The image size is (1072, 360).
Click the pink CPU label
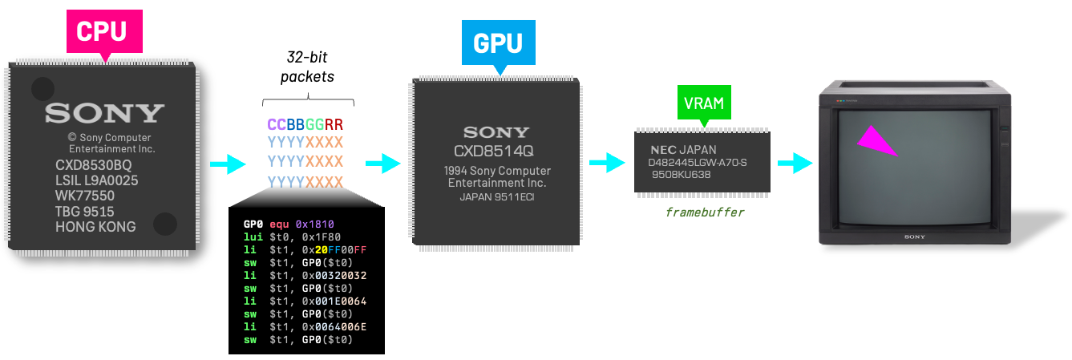point(101,31)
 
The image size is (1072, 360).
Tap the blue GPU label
point(498,42)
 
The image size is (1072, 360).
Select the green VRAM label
point(703,103)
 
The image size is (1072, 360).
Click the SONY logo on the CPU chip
point(104,113)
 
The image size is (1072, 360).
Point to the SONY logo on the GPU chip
point(496,132)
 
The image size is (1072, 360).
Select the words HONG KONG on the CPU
point(95,227)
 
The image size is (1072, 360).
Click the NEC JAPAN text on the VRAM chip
point(682,150)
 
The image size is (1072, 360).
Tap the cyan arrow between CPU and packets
point(227,164)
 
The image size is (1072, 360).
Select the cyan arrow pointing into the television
point(795,164)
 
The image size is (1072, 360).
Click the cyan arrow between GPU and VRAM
point(606,164)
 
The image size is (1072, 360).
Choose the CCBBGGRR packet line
point(305,124)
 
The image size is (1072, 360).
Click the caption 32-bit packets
point(308,67)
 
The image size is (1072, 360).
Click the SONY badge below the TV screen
point(915,237)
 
